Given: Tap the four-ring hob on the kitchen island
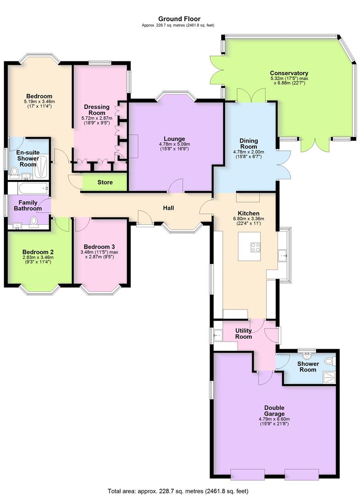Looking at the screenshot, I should point(255,247).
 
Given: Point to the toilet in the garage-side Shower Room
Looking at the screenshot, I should point(328,361).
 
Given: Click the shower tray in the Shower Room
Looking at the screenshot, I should point(329,377).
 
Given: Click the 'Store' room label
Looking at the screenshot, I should point(105,182).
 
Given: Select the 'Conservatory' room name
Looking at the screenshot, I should point(289,73).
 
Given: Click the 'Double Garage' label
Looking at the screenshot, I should point(274,411).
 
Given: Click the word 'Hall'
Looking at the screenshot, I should point(168,208).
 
